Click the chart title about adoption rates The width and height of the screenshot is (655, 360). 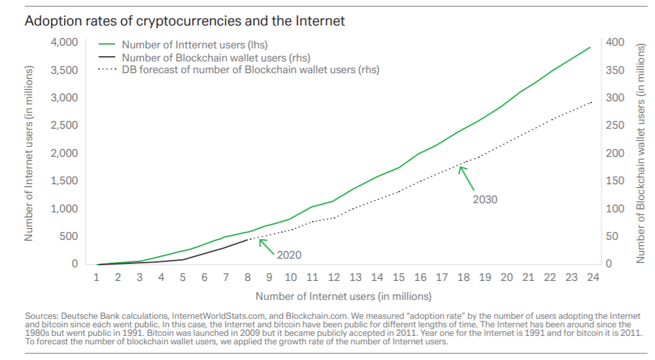point(184,21)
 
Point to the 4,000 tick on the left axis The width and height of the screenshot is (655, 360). point(64,42)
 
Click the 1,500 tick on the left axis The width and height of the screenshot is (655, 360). point(64,181)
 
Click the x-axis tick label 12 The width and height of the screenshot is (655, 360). point(333,278)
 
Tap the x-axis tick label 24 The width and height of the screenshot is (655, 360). point(592,278)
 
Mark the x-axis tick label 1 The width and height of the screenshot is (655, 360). point(97,278)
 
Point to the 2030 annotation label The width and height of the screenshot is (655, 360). point(485,199)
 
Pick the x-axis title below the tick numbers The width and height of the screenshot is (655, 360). point(343,297)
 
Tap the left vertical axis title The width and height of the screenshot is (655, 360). point(29,154)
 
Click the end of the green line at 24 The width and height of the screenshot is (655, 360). point(590,47)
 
